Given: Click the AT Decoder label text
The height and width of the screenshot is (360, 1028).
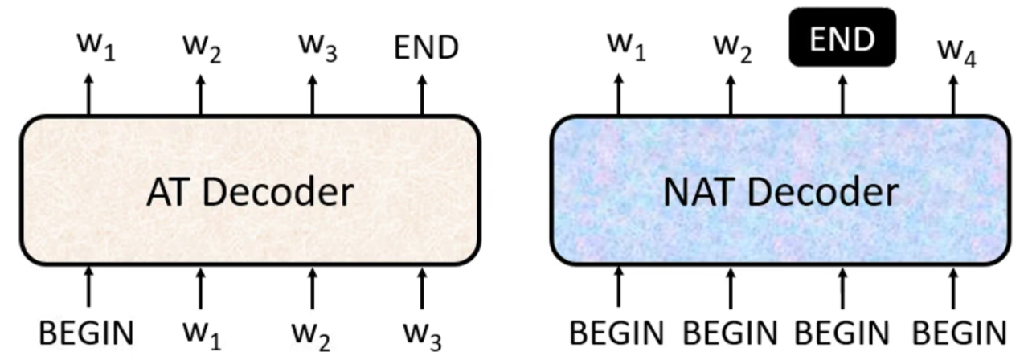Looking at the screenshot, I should pyautogui.click(x=249, y=193).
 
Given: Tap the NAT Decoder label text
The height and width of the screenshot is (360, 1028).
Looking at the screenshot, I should pyautogui.click(x=780, y=193).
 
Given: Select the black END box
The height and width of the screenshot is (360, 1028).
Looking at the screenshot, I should pyautogui.click(x=842, y=38).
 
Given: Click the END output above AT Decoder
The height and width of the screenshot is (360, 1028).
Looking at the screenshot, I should pyautogui.click(x=426, y=48).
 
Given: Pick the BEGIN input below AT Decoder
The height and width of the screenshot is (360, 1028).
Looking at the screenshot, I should pyautogui.click(x=88, y=331).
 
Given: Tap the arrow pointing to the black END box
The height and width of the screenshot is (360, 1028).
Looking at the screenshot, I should pyautogui.click(x=842, y=94).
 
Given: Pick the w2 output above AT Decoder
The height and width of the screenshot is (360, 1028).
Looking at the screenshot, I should pyautogui.click(x=201, y=50).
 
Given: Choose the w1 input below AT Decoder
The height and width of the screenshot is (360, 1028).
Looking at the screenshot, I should pyautogui.click(x=201, y=333).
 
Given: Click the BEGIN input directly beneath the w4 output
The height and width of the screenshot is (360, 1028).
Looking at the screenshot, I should pyautogui.click(x=956, y=331).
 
